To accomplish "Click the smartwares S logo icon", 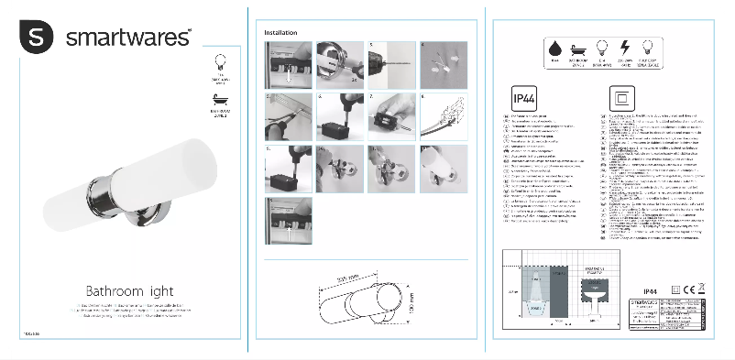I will [x=37, y=38].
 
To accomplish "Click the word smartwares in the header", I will [x=127, y=38].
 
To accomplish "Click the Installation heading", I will [x=280, y=32].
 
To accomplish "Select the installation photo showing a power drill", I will [x=388, y=63].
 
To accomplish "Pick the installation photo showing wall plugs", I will [x=441, y=63].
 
